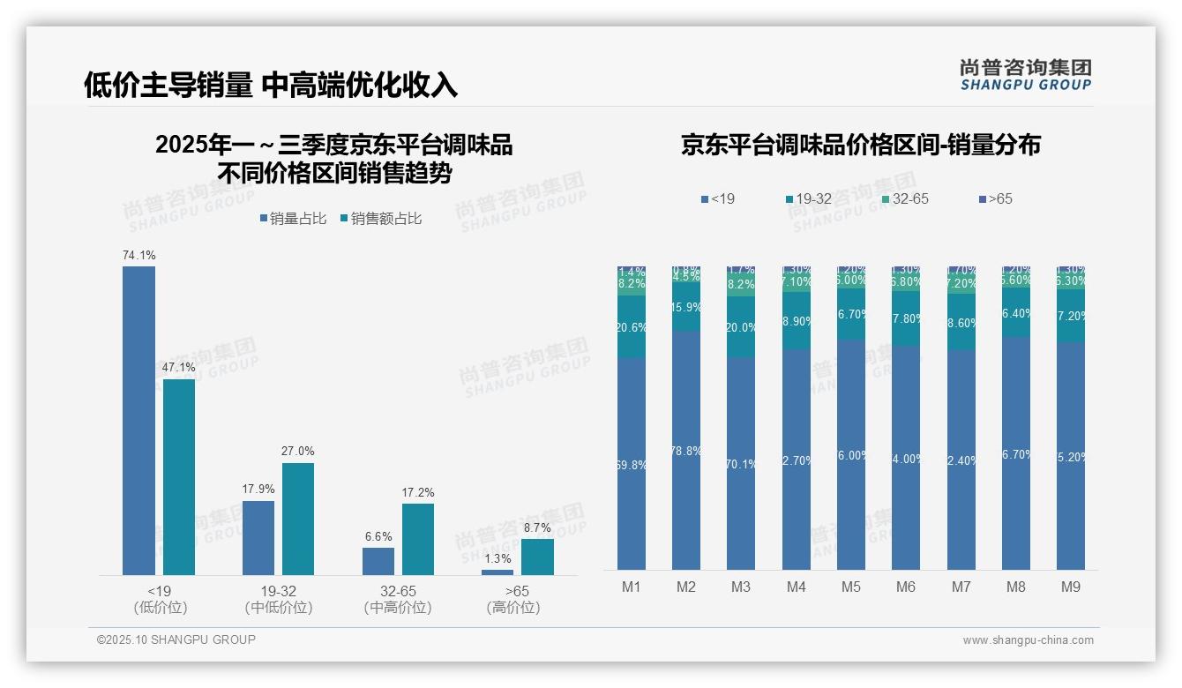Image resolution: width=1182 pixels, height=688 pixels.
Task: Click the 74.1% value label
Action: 138,256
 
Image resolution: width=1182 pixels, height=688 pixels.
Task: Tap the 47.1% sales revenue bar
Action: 179,477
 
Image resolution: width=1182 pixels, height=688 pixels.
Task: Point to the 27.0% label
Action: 297,452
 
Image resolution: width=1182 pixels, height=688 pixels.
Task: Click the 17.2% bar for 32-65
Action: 417,539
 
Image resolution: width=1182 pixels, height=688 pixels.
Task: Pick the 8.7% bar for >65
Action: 537,557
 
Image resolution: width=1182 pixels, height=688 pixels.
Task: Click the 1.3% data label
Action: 497,559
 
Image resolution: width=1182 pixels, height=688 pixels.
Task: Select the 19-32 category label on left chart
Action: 278,591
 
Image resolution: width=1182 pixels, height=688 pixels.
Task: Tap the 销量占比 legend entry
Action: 293,219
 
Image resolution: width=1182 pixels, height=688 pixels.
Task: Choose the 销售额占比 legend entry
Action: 380,219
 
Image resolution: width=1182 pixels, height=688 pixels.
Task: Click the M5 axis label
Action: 850,587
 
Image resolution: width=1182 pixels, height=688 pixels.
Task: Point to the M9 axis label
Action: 1070,587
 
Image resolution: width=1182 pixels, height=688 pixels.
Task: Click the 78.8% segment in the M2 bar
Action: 686,451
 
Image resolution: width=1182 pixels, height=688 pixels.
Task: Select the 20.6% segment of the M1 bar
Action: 632,327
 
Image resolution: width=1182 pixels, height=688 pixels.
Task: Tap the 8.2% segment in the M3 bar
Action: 741,284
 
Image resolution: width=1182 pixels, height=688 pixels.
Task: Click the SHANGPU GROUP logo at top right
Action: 1025,74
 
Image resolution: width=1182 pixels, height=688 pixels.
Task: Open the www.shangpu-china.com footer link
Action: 1028,640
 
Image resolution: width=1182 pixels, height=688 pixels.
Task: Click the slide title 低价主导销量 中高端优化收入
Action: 271,85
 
